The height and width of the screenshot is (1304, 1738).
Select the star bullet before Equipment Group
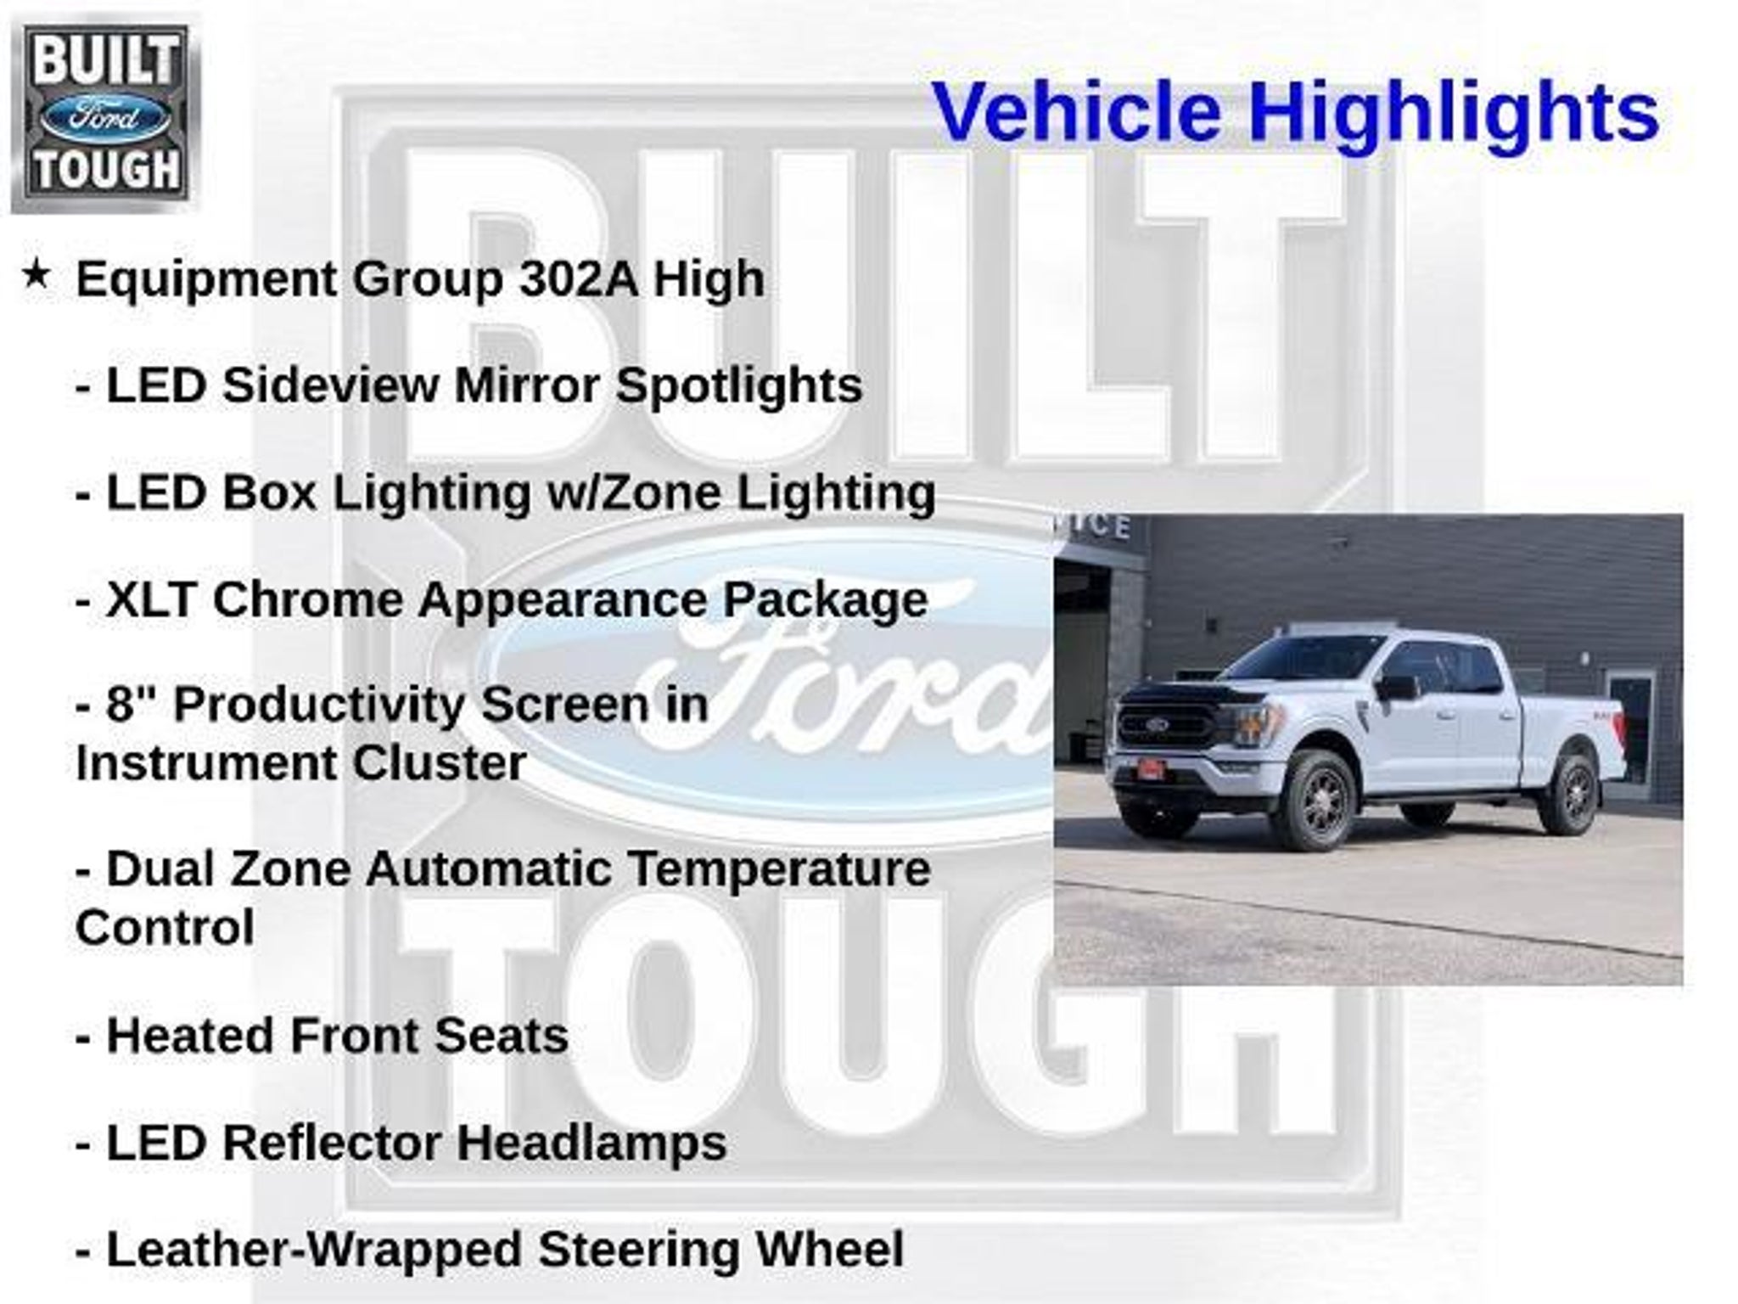36,274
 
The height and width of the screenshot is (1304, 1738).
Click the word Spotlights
738,387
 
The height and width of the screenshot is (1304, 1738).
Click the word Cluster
439,762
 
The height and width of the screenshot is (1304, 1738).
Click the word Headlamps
592,1144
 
